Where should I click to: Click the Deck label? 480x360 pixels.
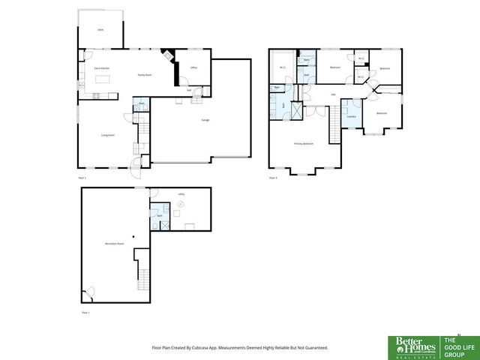(x=100, y=30)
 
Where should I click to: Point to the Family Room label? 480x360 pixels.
(x=145, y=75)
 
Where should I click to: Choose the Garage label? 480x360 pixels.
(x=205, y=120)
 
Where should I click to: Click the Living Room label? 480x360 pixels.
(x=108, y=135)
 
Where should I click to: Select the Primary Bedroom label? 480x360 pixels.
(x=303, y=142)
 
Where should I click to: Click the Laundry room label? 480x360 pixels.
(x=350, y=117)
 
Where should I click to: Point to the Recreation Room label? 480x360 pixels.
(x=114, y=244)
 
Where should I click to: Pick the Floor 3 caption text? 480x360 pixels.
(x=273, y=178)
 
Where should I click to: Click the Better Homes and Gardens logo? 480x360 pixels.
(x=411, y=346)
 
